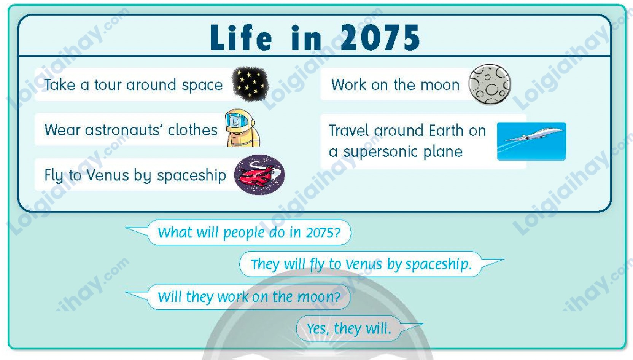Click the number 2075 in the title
click(x=380, y=37)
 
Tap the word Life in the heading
click(x=241, y=37)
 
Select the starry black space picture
click(x=250, y=84)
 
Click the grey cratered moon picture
click(x=490, y=84)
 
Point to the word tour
click(x=107, y=85)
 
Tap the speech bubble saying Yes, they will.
click(x=348, y=328)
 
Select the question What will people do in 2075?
click(x=249, y=233)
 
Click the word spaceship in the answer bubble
click(x=439, y=264)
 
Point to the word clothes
click(x=193, y=130)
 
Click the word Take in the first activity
click(x=60, y=85)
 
